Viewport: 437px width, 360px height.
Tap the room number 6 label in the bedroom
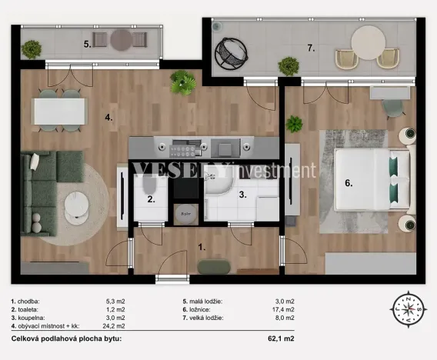point(349,184)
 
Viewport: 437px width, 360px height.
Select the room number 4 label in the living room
point(109,118)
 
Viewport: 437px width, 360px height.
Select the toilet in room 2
point(148,189)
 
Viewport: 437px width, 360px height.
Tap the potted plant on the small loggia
point(32,49)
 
